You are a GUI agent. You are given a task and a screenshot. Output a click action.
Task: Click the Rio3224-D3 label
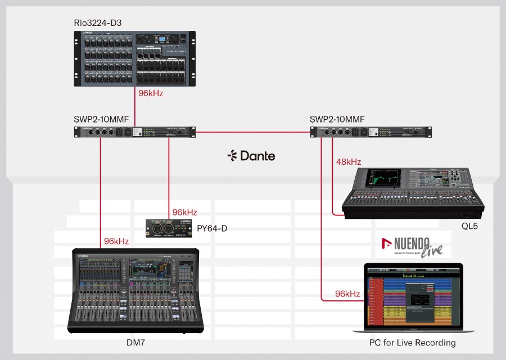[98, 23]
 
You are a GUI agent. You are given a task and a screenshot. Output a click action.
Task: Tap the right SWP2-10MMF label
[337, 119]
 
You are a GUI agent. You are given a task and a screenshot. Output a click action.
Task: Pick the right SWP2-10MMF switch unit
[372, 132]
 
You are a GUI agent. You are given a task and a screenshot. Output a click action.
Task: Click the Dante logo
[251, 156]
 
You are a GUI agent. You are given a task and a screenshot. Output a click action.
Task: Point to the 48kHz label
[349, 162]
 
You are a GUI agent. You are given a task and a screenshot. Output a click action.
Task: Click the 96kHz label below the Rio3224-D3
[151, 93]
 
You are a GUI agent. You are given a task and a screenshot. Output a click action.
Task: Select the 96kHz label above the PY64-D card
[184, 212]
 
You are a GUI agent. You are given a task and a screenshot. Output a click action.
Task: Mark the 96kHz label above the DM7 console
[116, 241]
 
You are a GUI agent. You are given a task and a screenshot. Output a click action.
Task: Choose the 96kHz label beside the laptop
[347, 294]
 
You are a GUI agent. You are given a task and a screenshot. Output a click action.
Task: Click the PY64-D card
[168, 229]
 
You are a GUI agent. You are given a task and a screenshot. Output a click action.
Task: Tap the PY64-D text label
[213, 228]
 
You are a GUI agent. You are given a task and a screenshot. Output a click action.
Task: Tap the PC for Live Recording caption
[413, 343]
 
